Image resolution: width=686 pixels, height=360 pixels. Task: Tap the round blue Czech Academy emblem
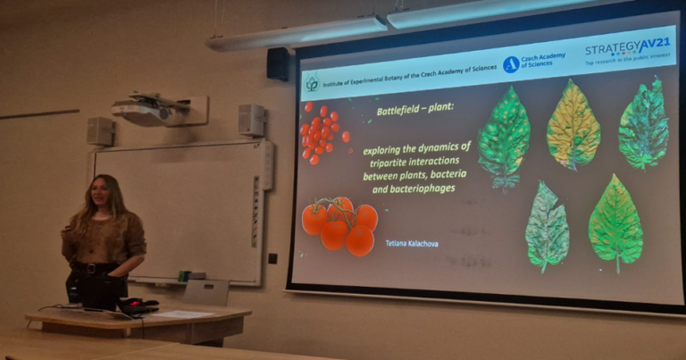click(x=511, y=64)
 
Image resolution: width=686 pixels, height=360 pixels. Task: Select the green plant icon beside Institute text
click(x=312, y=84)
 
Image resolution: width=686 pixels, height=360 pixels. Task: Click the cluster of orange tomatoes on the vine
click(x=339, y=226)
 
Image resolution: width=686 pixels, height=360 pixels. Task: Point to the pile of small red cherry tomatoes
click(x=321, y=133)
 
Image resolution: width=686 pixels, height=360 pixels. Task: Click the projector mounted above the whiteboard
click(x=146, y=110)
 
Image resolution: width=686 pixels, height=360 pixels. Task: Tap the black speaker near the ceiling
click(x=278, y=63)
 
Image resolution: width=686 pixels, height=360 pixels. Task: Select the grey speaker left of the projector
click(x=99, y=130)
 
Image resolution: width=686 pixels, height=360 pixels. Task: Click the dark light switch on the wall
click(x=272, y=259)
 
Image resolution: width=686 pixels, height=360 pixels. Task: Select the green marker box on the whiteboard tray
click(x=184, y=277)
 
